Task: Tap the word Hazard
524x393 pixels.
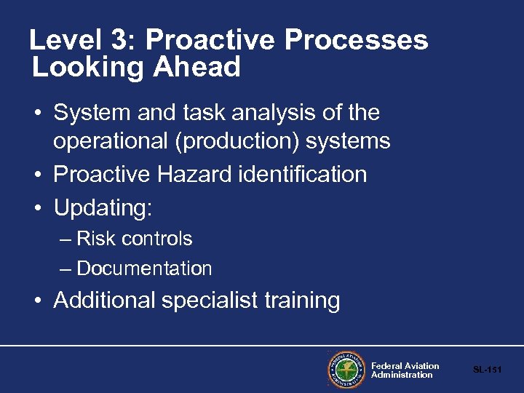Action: coord(202,175)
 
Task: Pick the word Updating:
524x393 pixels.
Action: coord(103,207)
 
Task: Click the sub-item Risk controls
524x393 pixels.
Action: coord(134,239)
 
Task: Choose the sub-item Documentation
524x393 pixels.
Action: coord(144,269)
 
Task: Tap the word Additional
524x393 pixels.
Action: coord(105,300)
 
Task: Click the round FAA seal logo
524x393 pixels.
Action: coord(346,370)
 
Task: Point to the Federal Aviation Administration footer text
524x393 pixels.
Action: coord(405,370)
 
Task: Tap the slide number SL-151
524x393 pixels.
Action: coord(487,370)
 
